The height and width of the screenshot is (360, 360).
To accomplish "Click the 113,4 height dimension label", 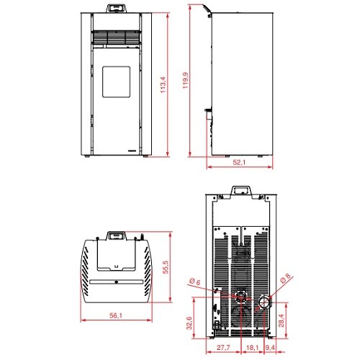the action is tap(163, 85).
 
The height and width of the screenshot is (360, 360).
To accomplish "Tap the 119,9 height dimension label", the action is tap(186, 81).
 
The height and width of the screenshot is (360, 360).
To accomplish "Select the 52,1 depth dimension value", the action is tap(239, 163).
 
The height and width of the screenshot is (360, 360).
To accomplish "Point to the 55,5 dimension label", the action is tap(166, 267).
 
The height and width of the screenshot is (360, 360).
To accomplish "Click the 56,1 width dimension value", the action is tap(116, 315).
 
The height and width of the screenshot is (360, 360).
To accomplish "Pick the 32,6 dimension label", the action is tap(189, 323).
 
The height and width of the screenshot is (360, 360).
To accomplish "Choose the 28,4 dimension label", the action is tap(281, 320).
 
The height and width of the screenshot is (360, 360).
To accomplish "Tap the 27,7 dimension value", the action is tap(223, 347).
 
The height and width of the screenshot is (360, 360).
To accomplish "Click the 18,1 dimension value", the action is tap(252, 347).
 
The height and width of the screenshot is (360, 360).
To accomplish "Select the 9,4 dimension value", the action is tap(270, 347).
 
